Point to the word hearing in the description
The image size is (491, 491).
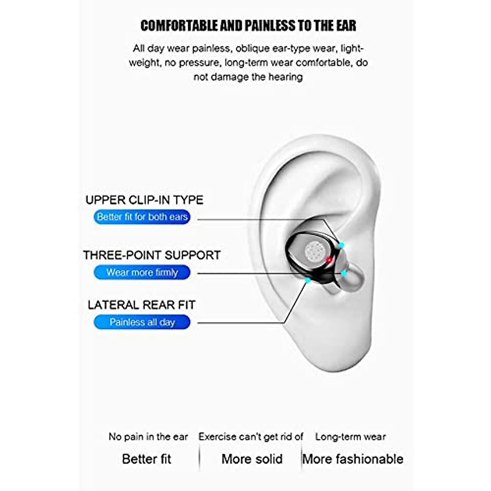point(285,77)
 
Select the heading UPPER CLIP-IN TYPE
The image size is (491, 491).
point(144,200)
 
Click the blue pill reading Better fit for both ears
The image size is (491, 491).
point(142,217)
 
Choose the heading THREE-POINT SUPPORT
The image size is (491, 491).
point(152,255)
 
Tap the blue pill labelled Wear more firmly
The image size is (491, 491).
point(142,273)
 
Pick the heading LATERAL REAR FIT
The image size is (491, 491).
point(142,305)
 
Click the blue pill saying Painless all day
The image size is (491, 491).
point(142,322)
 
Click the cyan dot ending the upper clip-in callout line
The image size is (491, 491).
point(341,245)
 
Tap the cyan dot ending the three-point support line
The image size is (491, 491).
point(344,273)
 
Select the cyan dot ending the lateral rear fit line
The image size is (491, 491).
point(308,280)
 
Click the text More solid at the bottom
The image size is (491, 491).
point(252,459)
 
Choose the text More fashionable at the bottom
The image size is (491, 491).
point(353,459)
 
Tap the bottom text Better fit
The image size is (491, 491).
point(146,459)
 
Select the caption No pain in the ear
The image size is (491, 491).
point(148,437)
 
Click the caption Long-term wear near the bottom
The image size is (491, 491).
point(350,437)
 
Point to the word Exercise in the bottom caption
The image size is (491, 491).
point(217,437)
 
